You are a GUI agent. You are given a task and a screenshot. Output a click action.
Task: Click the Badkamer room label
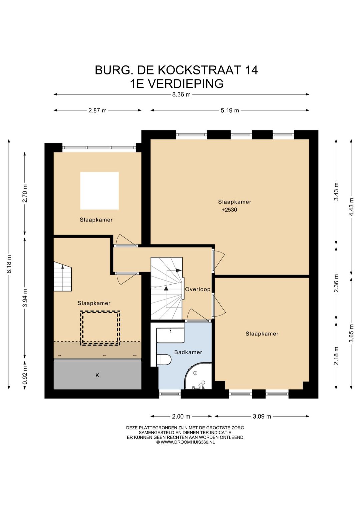tap(188, 352)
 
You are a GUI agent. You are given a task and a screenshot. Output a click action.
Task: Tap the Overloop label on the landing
tap(198, 290)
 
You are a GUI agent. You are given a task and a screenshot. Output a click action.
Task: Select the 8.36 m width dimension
tap(181, 94)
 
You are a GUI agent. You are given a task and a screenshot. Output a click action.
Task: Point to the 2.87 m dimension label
tap(97, 110)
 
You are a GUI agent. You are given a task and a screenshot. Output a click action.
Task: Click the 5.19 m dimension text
tap(230, 110)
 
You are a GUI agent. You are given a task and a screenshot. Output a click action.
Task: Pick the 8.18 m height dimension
tap(9, 264)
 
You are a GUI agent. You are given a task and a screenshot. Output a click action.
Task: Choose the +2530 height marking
tap(229, 210)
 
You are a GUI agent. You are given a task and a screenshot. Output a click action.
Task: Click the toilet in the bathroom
tap(164, 360)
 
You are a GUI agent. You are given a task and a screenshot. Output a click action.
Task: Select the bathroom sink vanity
tap(170, 335)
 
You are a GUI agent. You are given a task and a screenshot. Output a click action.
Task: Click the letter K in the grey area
tap(97, 375)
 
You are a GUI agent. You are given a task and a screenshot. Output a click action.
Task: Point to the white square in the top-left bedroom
tap(99, 191)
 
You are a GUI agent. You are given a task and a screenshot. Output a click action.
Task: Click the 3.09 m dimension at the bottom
tap(262, 417)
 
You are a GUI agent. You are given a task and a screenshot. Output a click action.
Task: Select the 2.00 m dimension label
tap(181, 417)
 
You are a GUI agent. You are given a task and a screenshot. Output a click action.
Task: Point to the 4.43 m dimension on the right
tap(352, 207)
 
